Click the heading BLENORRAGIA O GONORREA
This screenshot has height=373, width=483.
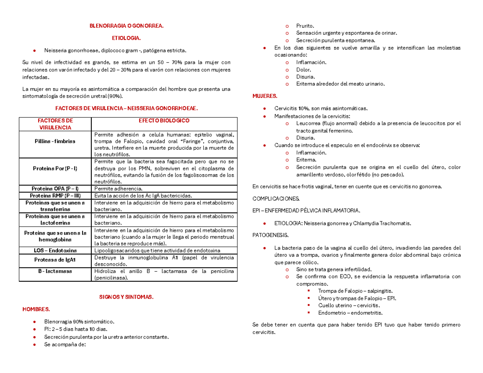tap(126, 26)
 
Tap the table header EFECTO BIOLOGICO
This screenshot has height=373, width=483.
tap(164, 121)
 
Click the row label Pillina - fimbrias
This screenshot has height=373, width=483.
tap(55, 141)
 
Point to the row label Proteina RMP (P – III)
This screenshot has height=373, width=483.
tap(55, 196)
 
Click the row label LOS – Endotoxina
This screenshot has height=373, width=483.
tap(55, 251)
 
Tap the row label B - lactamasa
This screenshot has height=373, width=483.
tap(55, 272)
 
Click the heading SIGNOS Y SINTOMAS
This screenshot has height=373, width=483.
tap(126, 297)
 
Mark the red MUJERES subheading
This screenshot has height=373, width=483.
tap(264, 97)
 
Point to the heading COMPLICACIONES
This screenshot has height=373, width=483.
tap(276, 199)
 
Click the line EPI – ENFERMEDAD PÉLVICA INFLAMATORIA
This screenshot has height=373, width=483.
tap(306, 211)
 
